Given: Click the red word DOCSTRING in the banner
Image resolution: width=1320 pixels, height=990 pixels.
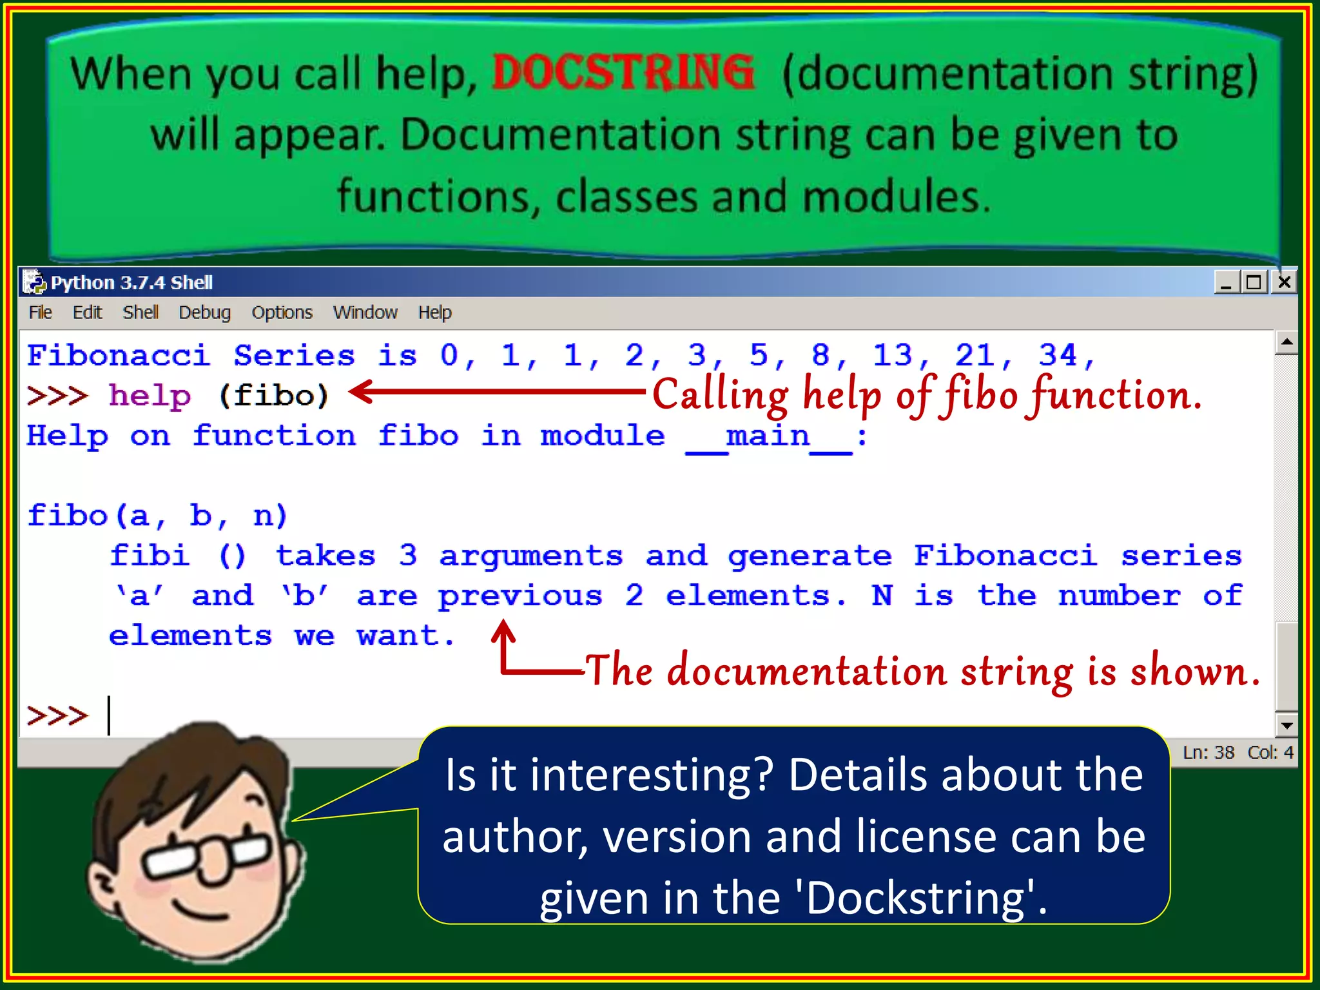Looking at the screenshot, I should tap(623, 72).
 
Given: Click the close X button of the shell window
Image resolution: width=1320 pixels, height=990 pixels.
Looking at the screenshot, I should tap(1285, 282).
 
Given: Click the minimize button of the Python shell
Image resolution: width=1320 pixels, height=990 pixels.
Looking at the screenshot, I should tap(1226, 282).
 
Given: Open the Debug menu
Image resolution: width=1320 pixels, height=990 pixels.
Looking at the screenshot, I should tap(204, 313).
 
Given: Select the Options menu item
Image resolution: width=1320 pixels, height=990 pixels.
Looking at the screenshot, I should tap(282, 313).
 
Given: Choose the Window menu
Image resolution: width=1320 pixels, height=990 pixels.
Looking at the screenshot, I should tap(365, 313).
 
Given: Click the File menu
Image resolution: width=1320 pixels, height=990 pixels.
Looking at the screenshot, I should tap(40, 313).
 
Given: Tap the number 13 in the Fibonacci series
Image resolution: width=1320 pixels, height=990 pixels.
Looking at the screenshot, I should tap(893, 355).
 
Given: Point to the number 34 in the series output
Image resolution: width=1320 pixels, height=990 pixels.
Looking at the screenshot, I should tap(1058, 355).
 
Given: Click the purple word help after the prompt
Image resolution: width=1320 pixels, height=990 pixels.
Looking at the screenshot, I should tap(150, 395).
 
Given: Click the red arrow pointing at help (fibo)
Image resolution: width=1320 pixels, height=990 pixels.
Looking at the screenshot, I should tap(496, 391).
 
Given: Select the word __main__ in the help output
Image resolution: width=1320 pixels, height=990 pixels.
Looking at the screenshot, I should tap(768, 436).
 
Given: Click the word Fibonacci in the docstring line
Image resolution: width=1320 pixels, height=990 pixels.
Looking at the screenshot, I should tap(1005, 556).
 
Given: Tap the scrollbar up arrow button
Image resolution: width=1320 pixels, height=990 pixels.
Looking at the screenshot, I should tap(1286, 342).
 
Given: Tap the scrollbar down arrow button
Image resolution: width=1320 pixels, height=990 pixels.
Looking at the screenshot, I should tap(1286, 725).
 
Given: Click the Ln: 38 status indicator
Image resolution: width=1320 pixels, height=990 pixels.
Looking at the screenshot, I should tap(1208, 752).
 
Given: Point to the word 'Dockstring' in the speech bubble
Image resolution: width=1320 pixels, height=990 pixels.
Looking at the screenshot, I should tap(915, 898).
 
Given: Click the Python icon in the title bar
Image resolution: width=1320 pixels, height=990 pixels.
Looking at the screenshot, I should tap(34, 282).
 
